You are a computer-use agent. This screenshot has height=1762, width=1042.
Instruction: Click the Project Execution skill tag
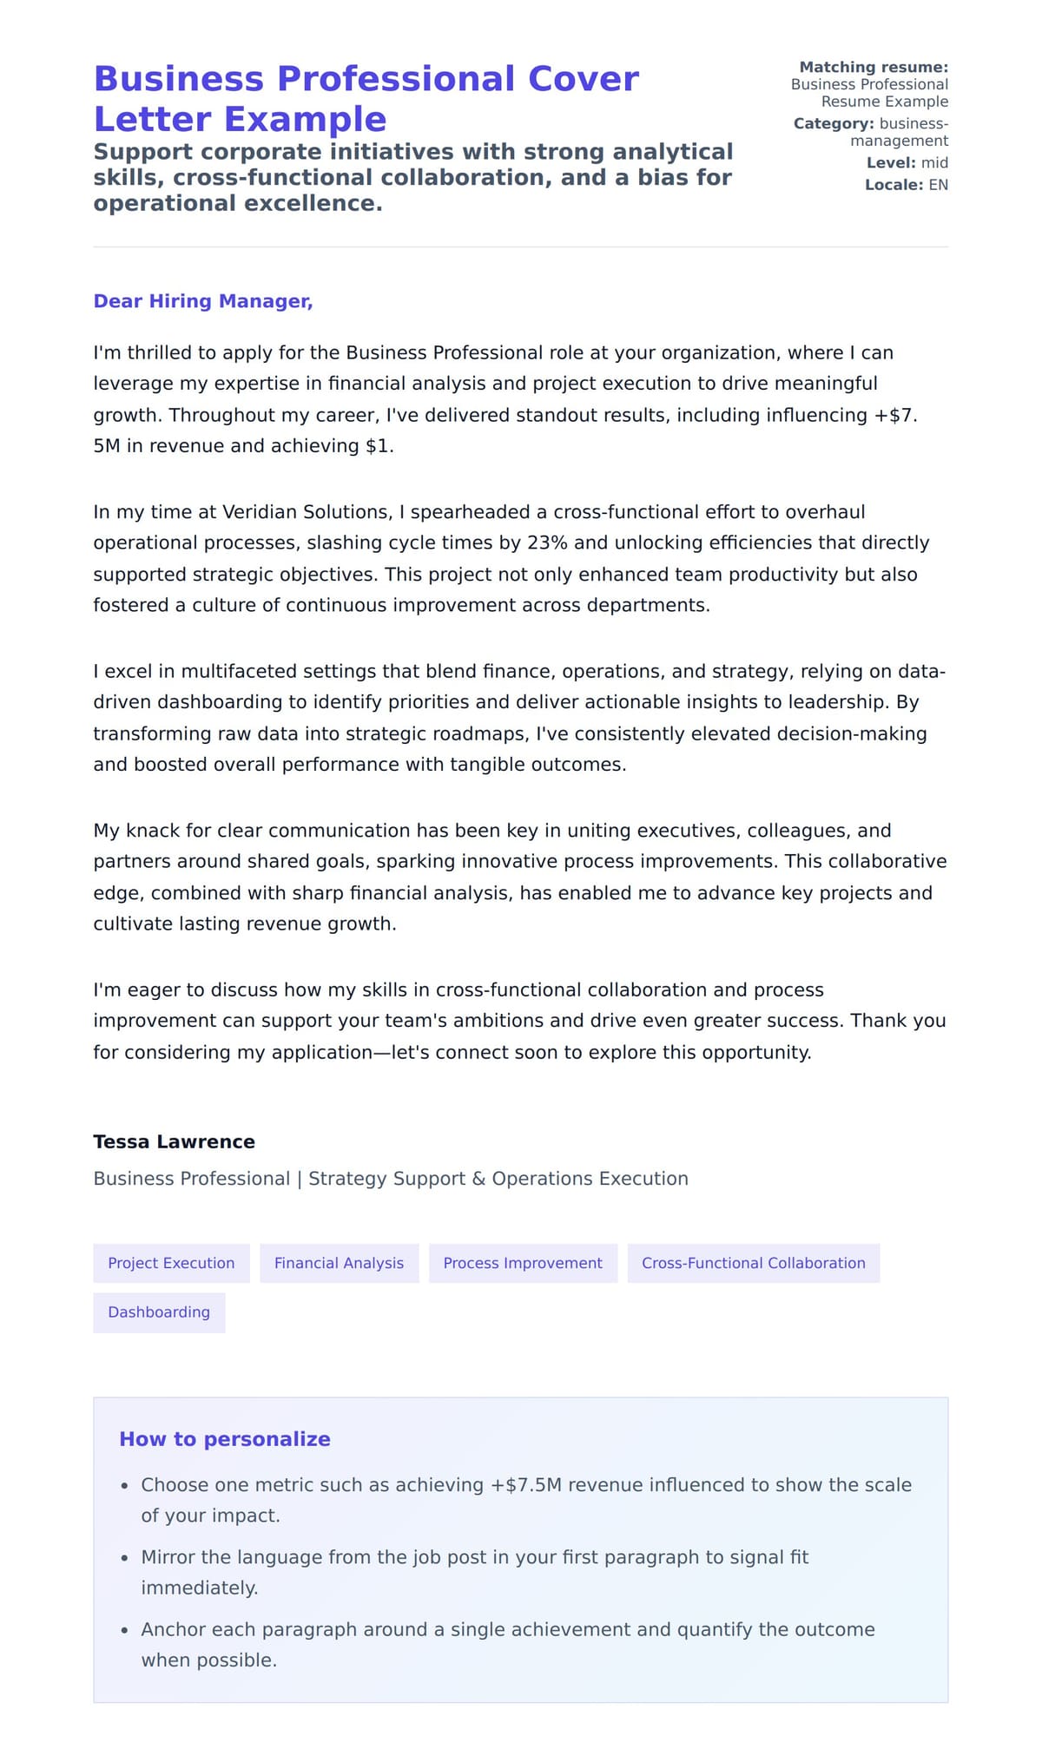(x=171, y=1263)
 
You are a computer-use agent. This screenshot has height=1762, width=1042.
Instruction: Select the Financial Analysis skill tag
(x=339, y=1263)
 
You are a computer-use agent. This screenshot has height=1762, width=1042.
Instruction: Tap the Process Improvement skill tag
(x=523, y=1263)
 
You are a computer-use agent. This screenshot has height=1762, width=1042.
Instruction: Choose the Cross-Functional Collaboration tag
(x=753, y=1263)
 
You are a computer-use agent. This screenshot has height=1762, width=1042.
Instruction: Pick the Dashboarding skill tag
(x=159, y=1312)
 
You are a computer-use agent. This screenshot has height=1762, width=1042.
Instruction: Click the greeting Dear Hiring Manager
(x=203, y=301)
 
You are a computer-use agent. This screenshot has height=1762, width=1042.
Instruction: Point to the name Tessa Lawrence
(x=174, y=1141)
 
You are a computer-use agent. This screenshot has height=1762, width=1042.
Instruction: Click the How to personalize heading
(x=225, y=1438)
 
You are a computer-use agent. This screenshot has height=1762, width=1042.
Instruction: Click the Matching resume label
(x=873, y=67)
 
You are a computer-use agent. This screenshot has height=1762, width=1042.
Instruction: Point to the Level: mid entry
(x=907, y=162)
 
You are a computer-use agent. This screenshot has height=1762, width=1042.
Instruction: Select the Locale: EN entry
(x=906, y=184)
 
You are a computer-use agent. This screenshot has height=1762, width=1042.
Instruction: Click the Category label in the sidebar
(x=833, y=123)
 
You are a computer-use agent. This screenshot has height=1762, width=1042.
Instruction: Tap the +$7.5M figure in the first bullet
(x=526, y=1484)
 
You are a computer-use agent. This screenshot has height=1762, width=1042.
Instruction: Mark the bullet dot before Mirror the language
(x=125, y=1558)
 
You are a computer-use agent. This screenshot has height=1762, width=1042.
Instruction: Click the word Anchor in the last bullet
(x=170, y=1629)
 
